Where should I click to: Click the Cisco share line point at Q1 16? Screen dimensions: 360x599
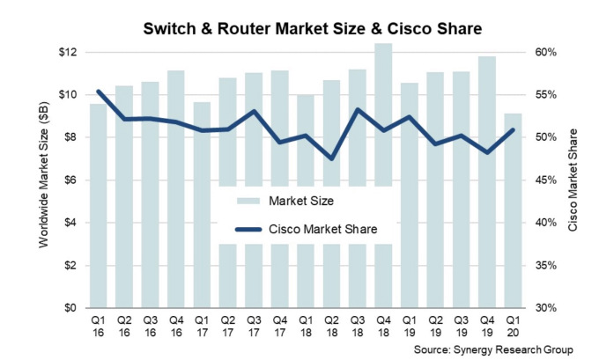pyautogui.click(x=98, y=91)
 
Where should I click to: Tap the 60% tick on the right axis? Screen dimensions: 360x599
pyautogui.click(x=547, y=53)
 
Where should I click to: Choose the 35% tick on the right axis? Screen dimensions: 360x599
pyautogui.click(x=547, y=266)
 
